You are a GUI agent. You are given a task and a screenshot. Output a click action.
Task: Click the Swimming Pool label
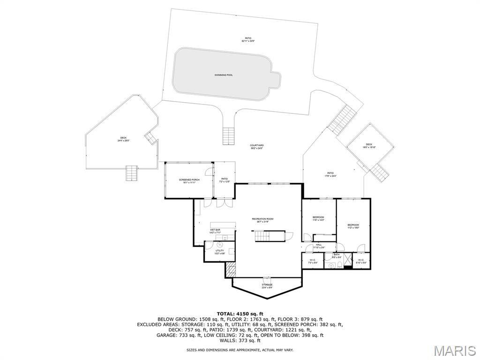(x=224, y=75)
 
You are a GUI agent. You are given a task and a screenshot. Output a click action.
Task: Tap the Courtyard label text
(x=256, y=147)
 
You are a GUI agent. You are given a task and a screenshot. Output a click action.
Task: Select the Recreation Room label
(x=262, y=220)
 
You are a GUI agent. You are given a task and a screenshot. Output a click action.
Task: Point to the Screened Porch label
(x=189, y=181)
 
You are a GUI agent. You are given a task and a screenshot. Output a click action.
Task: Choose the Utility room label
(x=220, y=252)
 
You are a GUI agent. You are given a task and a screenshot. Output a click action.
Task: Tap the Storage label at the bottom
(x=267, y=286)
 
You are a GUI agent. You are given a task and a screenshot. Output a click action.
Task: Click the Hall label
(x=319, y=246)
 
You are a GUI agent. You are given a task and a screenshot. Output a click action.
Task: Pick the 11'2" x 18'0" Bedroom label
(x=353, y=226)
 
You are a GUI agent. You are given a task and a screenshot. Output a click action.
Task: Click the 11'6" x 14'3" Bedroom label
(x=319, y=218)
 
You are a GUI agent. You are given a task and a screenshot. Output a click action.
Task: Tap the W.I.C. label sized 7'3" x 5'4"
(x=313, y=261)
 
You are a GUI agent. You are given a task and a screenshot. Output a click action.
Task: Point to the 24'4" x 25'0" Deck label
(x=123, y=139)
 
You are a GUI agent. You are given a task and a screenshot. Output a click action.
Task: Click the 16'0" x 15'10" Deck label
(x=369, y=146)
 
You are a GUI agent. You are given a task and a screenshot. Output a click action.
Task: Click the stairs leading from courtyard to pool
(x=229, y=136)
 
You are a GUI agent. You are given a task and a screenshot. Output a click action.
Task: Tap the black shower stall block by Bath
(x=347, y=261)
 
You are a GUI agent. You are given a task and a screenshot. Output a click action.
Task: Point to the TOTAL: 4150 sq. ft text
(x=240, y=314)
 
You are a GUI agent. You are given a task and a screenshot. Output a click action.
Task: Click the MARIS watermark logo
(x=455, y=351)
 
